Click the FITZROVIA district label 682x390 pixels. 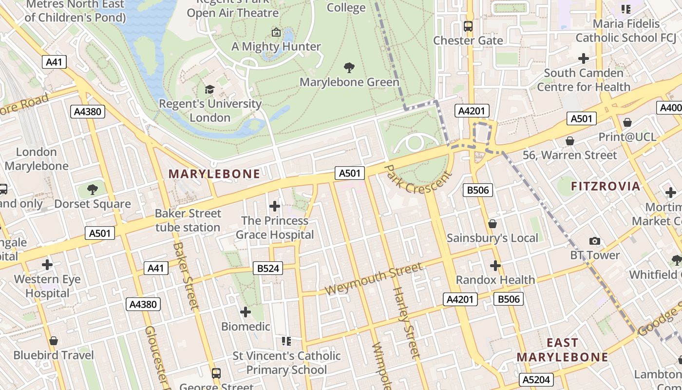click(x=606, y=186)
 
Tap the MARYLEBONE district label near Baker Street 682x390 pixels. click(x=214, y=174)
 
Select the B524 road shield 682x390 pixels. click(x=267, y=268)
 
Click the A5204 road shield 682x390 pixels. click(x=536, y=380)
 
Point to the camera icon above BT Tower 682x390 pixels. click(x=594, y=241)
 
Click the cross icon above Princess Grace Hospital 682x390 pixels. click(x=275, y=206)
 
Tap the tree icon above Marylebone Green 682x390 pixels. click(x=349, y=68)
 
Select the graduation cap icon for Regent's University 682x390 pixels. click(x=209, y=89)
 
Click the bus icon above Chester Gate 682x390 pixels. click(x=468, y=26)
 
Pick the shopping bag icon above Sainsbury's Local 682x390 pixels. click(x=493, y=224)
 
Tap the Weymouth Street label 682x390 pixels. click(x=373, y=279)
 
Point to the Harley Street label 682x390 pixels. click(x=405, y=323)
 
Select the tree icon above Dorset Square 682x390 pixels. click(x=92, y=190)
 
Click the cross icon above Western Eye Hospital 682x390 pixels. click(x=47, y=265)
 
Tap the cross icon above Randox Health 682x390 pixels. click(x=495, y=266)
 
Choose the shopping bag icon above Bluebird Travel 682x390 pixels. click(x=54, y=340)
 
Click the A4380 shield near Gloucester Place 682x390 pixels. click(x=143, y=305)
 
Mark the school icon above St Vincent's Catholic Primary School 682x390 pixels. click(x=286, y=341)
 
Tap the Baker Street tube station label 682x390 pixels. click(x=188, y=220)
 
